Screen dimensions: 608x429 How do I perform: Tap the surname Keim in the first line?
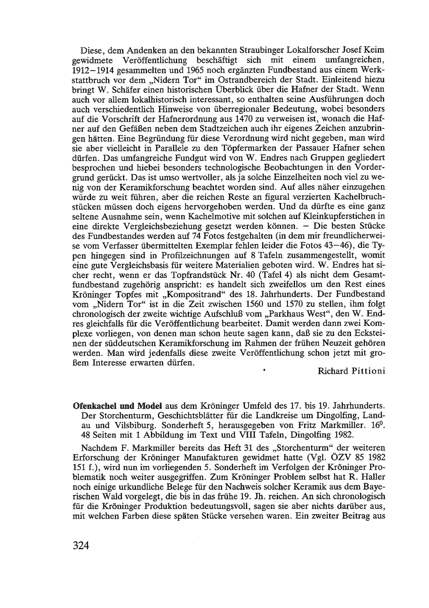[373, 50]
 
